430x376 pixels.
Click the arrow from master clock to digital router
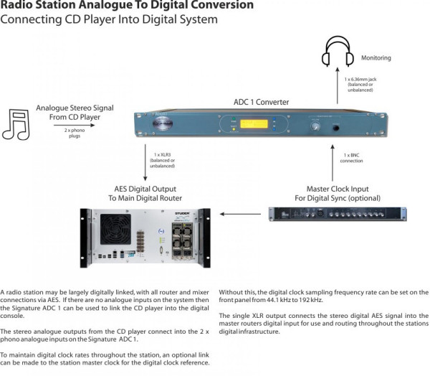pos(241,214)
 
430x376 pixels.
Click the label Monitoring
pos(377,57)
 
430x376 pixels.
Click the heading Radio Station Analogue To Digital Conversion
pos(128,6)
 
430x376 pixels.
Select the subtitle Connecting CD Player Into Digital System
pos(109,19)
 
